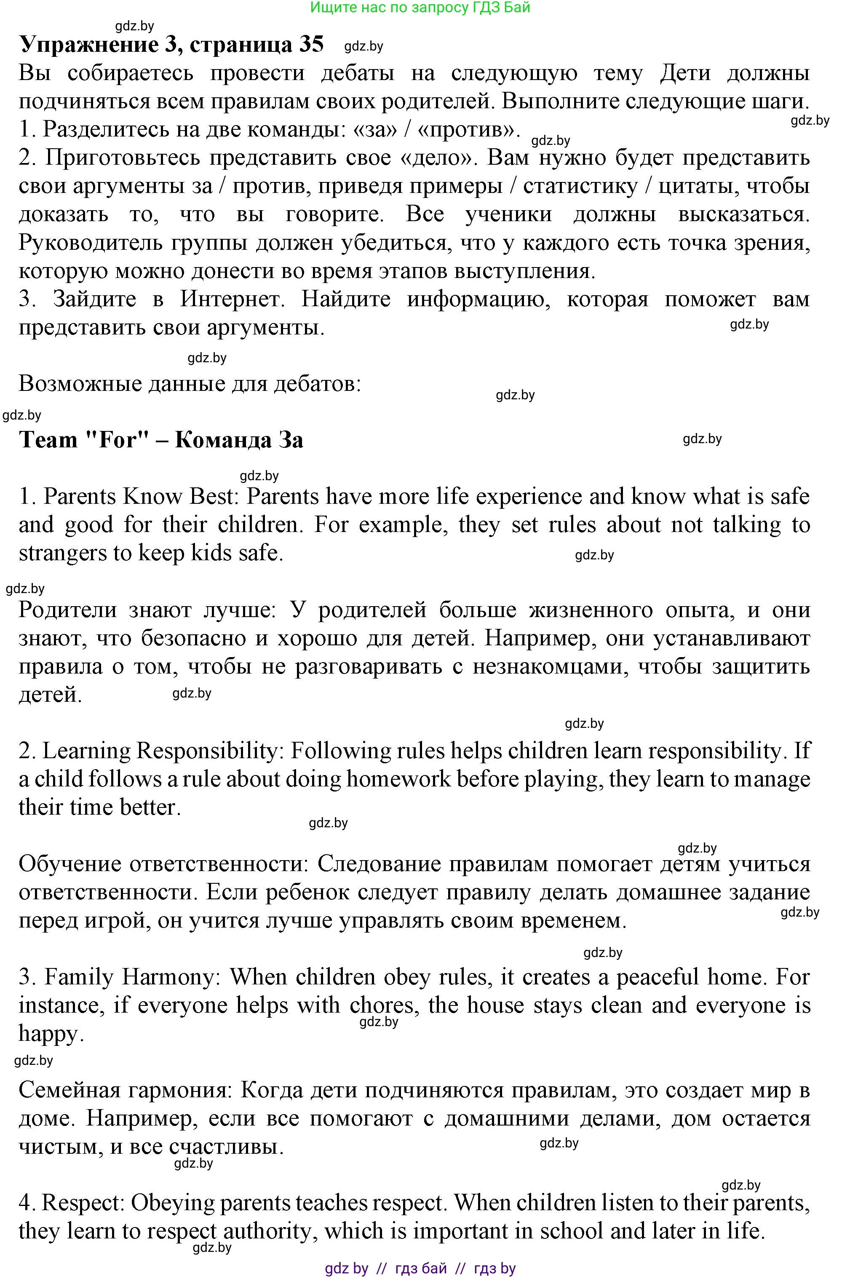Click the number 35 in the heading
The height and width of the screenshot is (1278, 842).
(311, 45)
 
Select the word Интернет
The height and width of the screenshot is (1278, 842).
(231, 299)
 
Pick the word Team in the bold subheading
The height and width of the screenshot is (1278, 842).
(48, 440)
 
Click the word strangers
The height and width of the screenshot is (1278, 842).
(62, 553)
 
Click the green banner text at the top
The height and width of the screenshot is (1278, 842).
(420, 8)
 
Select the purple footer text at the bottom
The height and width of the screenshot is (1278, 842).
(420, 1268)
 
